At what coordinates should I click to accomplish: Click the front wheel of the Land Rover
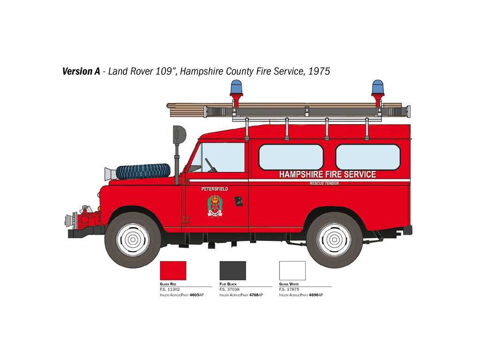click(133, 240)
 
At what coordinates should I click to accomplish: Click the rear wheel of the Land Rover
click(334, 240)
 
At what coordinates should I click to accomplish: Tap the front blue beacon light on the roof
click(236, 88)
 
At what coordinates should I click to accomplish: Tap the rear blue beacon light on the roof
click(377, 88)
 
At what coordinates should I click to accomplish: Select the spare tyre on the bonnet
click(143, 171)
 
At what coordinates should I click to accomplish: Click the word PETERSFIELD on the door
click(214, 188)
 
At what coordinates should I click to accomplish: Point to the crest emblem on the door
click(215, 206)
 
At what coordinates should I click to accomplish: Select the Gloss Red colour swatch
click(173, 270)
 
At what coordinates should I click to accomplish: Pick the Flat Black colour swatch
click(232, 270)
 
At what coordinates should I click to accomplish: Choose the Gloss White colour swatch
click(292, 270)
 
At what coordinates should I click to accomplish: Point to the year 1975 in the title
click(319, 71)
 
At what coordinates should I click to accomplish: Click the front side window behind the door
click(291, 157)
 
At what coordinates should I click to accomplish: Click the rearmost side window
click(368, 157)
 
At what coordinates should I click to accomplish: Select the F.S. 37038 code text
click(230, 290)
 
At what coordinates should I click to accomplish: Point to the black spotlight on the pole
click(179, 135)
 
